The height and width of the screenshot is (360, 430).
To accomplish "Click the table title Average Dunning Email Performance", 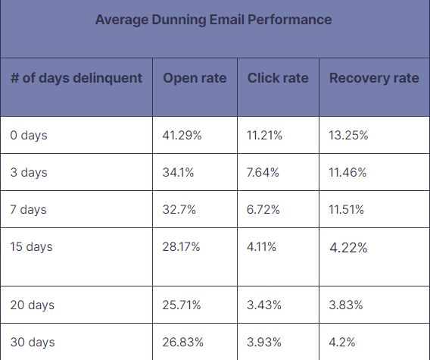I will (213, 20).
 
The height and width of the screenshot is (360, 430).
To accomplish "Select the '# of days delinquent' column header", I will (76, 79).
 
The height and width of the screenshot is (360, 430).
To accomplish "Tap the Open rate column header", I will (195, 79).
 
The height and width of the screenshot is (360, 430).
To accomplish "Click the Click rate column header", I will (278, 79).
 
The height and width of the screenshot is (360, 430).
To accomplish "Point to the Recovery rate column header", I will (374, 79).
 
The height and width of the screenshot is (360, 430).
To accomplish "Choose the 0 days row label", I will (29, 136).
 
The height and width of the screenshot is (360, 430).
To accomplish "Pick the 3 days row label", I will (29, 173).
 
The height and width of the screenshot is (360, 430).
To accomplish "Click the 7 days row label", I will (29, 210).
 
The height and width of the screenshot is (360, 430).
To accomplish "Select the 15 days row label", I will (32, 247).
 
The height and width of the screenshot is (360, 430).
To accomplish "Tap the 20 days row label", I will (33, 305).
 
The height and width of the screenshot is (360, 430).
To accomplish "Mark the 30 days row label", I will (33, 343).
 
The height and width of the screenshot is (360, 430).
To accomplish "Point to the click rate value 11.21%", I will (264, 136).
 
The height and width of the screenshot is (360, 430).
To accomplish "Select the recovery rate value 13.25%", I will (349, 136).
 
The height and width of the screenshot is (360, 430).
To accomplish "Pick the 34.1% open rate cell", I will (178, 173).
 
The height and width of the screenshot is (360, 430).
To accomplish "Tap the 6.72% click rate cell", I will (263, 210).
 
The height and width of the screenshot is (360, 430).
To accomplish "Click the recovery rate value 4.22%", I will (348, 248).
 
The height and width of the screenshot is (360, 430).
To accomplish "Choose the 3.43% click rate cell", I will (264, 305).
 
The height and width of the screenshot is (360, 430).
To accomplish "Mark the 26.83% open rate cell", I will (182, 343).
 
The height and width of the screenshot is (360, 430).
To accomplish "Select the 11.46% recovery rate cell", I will (348, 173).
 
